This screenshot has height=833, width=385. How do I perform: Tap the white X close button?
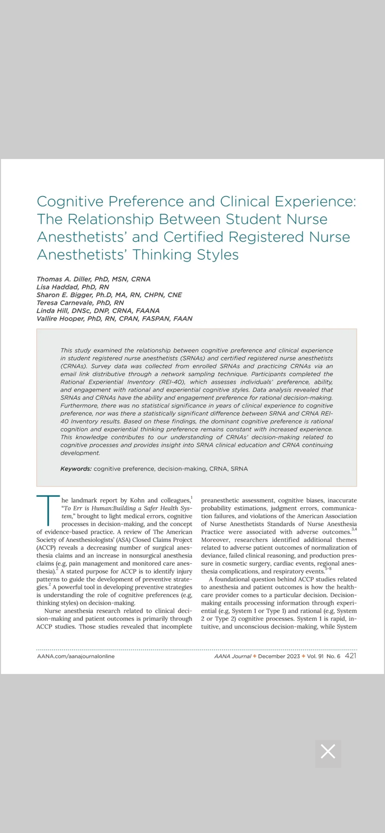tap(328, 752)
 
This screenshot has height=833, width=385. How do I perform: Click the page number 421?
tap(350, 656)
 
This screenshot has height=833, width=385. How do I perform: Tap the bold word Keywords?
tap(76, 469)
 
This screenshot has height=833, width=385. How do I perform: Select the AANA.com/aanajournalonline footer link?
tap(76, 656)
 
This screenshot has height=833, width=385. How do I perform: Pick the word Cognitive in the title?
tap(70, 202)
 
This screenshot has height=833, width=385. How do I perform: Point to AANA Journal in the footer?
tap(232, 656)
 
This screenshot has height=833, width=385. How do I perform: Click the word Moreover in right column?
tap(215, 540)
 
